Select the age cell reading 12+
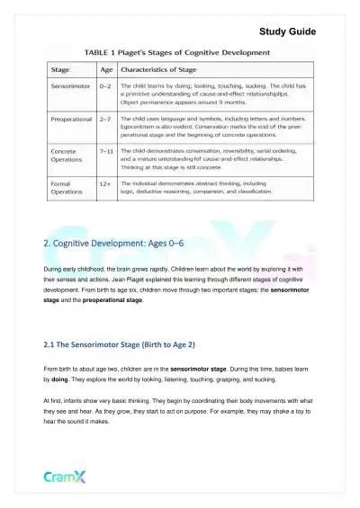tap(106, 182)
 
